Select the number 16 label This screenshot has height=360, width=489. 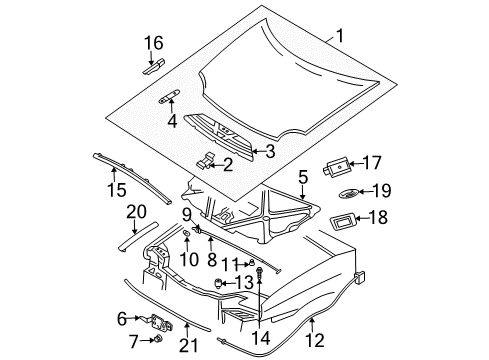coord(152,43)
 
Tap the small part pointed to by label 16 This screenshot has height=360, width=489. coord(153,67)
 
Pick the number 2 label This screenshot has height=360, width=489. coord(228,164)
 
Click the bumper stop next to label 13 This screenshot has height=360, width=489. coord(217,284)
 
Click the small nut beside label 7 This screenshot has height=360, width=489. coord(159,341)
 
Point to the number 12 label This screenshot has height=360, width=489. coord(318,322)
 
